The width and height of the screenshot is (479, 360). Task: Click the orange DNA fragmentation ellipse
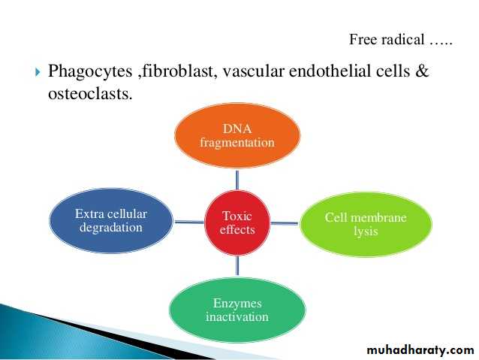(237, 135)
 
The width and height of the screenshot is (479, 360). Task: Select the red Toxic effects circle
(237, 222)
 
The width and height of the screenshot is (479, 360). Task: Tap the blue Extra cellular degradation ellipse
(111, 220)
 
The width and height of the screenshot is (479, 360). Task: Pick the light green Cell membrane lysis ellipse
(366, 224)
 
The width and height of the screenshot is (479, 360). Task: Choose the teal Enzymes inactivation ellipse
(237, 310)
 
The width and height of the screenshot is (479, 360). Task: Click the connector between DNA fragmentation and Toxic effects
(237, 180)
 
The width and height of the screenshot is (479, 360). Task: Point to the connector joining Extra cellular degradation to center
(189, 222)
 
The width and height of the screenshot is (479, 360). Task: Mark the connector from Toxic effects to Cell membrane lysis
(285, 223)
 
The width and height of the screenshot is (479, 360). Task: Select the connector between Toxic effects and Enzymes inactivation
(237, 266)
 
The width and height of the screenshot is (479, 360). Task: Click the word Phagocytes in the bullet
(90, 72)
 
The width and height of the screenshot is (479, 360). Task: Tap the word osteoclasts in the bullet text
(90, 93)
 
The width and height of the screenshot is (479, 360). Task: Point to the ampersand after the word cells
(422, 71)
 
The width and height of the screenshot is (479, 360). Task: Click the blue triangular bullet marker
(38, 72)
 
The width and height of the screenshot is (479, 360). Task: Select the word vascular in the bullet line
(254, 71)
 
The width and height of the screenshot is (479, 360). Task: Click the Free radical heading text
(400, 39)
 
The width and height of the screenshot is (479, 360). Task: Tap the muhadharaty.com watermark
(420, 350)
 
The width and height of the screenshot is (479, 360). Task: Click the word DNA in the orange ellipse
(237, 129)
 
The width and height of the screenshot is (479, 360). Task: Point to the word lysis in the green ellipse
(366, 231)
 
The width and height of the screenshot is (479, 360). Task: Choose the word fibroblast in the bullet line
(178, 71)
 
